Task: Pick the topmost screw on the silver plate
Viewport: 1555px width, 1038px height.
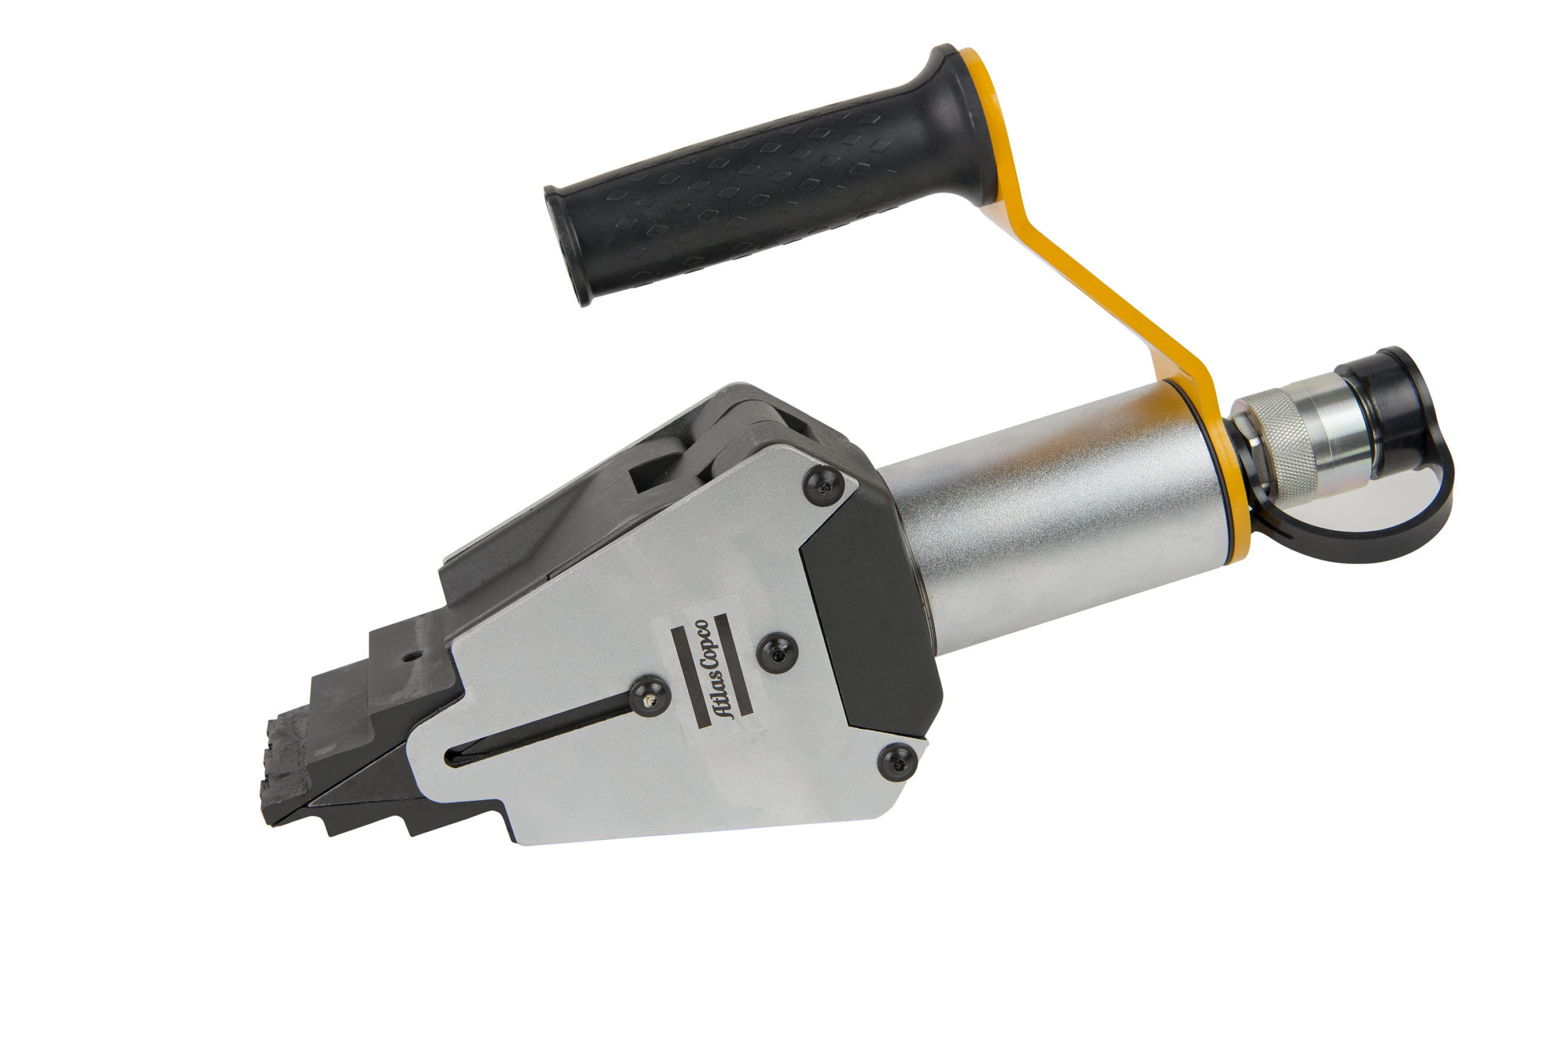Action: pyautogui.click(x=824, y=486)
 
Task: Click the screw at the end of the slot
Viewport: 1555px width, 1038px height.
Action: pyautogui.click(x=649, y=696)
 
